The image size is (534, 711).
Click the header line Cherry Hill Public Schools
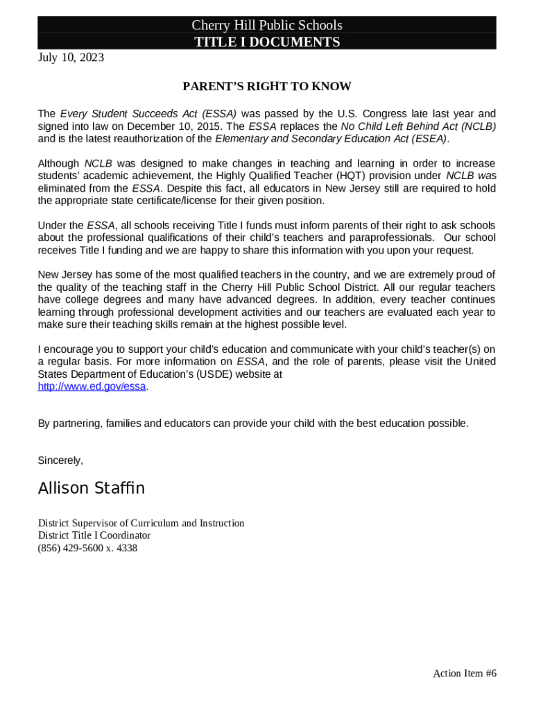pyautogui.click(x=267, y=26)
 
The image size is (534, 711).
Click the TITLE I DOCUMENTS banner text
pyautogui.click(x=267, y=42)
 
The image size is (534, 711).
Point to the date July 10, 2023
pyautogui.click(x=71, y=58)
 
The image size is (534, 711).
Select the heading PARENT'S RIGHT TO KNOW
pyautogui.click(x=267, y=87)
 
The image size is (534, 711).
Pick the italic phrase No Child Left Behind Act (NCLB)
pyautogui.click(x=418, y=126)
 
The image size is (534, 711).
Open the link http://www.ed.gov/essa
pyautogui.click(x=92, y=387)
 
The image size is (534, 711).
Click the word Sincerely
pyautogui.click(x=60, y=460)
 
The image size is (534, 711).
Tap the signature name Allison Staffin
pyautogui.click(x=91, y=488)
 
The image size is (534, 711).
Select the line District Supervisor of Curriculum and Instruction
pyautogui.click(x=141, y=523)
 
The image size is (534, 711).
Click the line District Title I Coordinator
pyautogui.click(x=94, y=535)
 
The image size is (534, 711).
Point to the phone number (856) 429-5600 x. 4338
pyautogui.click(x=87, y=548)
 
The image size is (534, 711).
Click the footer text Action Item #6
pyautogui.click(x=465, y=673)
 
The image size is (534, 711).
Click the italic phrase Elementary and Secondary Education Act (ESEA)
pyautogui.click(x=331, y=139)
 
